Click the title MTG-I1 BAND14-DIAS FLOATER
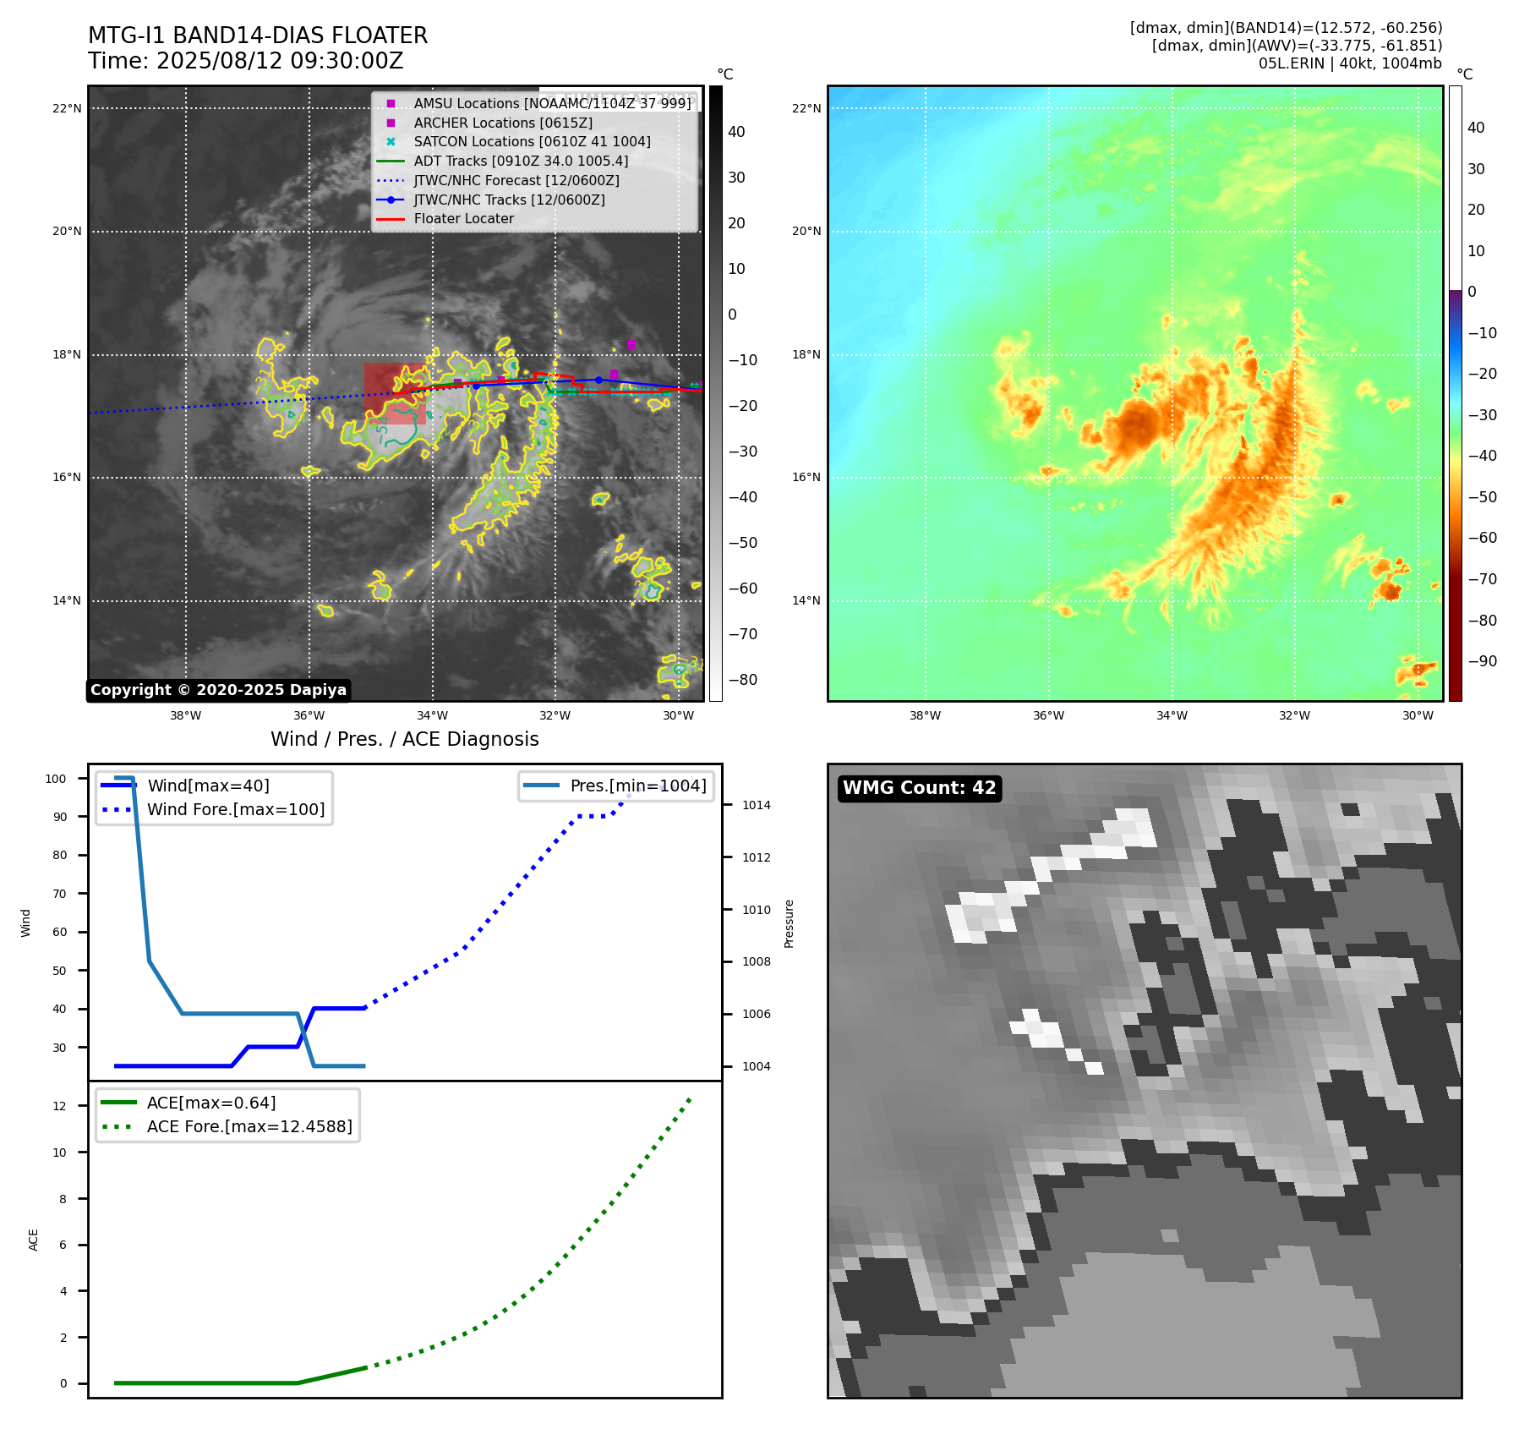(258, 36)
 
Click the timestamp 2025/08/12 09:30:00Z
(280, 61)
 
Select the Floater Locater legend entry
(463, 218)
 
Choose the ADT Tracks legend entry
(521, 161)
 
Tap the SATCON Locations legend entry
(532, 141)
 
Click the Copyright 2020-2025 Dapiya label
(218, 690)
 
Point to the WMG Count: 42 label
(919, 788)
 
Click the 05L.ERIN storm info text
(1349, 63)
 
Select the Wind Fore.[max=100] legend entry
(236, 809)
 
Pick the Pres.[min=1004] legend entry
(638, 786)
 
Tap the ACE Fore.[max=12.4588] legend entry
(249, 1126)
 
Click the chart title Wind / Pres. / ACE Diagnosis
(404, 739)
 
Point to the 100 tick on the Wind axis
(56, 779)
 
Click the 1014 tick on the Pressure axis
(757, 805)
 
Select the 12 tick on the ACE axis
(59, 1106)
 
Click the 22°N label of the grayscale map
(67, 108)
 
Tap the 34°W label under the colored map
(1172, 715)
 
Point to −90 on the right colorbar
(1482, 661)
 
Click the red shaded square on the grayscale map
(395, 393)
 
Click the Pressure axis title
(789, 923)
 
